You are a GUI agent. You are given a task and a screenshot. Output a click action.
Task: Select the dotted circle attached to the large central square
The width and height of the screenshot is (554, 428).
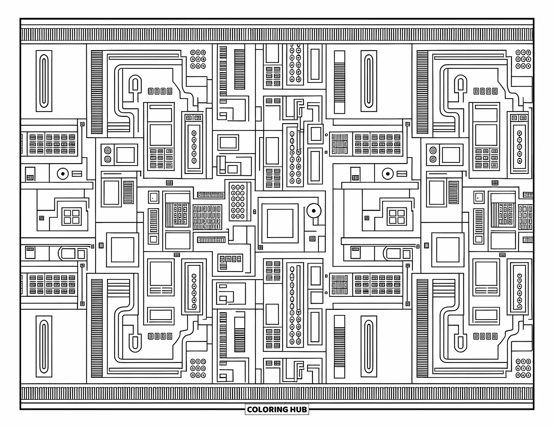(x=314, y=211)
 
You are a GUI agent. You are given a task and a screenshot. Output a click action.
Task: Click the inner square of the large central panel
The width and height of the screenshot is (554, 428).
(x=280, y=223)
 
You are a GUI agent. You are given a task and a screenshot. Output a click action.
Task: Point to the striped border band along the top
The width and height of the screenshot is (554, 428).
(x=277, y=35)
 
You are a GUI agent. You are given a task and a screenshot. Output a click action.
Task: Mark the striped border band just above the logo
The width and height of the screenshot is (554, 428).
(x=277, y=393)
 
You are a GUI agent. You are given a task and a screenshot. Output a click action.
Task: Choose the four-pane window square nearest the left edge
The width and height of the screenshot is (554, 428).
(x=72, y=217)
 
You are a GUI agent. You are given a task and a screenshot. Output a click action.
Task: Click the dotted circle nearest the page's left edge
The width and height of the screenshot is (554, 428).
(x=62, y=174)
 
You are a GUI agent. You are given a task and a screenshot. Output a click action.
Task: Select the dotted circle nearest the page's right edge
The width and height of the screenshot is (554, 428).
(x=388, y=174)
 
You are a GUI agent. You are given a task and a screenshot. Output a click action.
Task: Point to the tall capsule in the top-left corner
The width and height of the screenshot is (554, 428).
(x=44, y=81)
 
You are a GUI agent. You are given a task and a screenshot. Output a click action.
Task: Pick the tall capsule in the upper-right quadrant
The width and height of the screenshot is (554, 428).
(x=368, y=81)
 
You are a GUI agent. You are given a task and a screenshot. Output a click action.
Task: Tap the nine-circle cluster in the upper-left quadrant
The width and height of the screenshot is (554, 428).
(x=198, y=59)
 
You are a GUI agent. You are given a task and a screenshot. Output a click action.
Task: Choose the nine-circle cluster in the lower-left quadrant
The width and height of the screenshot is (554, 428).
(x=198, y=368)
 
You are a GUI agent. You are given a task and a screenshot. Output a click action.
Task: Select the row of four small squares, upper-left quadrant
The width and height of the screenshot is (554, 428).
(x=160, y=91)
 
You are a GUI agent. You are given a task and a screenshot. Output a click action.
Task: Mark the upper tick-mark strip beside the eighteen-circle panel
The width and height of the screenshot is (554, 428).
(x=211, y=195)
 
